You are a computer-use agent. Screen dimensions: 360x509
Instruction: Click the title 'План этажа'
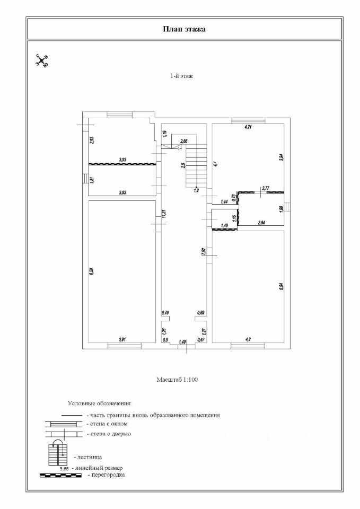click(x=183, y=29)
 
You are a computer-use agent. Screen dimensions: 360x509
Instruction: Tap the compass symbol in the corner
click(x=41, y=60)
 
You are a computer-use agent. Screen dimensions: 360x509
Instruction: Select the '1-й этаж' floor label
click(x=182, y=76)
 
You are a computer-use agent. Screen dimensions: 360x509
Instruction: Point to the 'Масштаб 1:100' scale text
click(x=178, y=380)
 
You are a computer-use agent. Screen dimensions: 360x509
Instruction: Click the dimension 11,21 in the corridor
click(x=164, y=214)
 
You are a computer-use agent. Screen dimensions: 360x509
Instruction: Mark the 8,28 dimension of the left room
click(x=92, y=271)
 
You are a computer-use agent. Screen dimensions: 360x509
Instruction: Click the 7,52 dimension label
click(x=204, y=252)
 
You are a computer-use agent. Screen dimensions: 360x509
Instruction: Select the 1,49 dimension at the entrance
click(x=182, y=341)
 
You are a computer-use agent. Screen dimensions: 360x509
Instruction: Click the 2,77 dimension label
click(x=266, y=188)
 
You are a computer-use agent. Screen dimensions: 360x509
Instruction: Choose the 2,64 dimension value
click(x=261, y=223)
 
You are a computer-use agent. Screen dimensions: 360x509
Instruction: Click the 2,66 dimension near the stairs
click(x=184, y=141)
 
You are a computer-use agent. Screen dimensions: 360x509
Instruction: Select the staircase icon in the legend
click(x=57, y=453)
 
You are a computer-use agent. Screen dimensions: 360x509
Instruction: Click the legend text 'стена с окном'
click(x=109, y=424)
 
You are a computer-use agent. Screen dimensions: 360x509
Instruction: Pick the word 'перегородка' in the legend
click(x=108, y=475)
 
